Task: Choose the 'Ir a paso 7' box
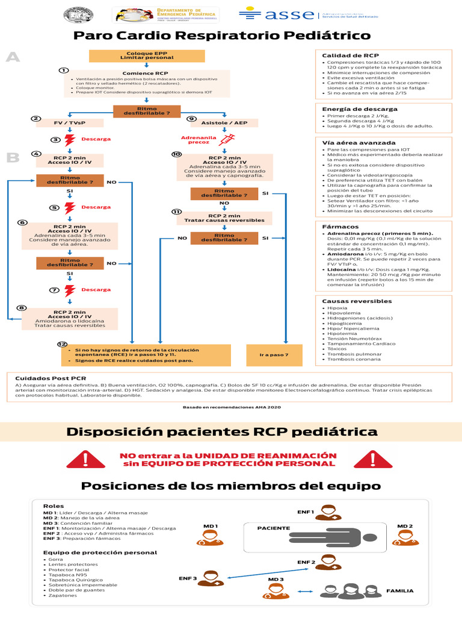274,355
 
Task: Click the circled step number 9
191,119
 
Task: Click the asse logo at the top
277,14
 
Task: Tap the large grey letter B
13,158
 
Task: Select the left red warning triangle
85,460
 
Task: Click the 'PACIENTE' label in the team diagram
274,528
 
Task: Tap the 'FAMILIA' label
399,591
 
